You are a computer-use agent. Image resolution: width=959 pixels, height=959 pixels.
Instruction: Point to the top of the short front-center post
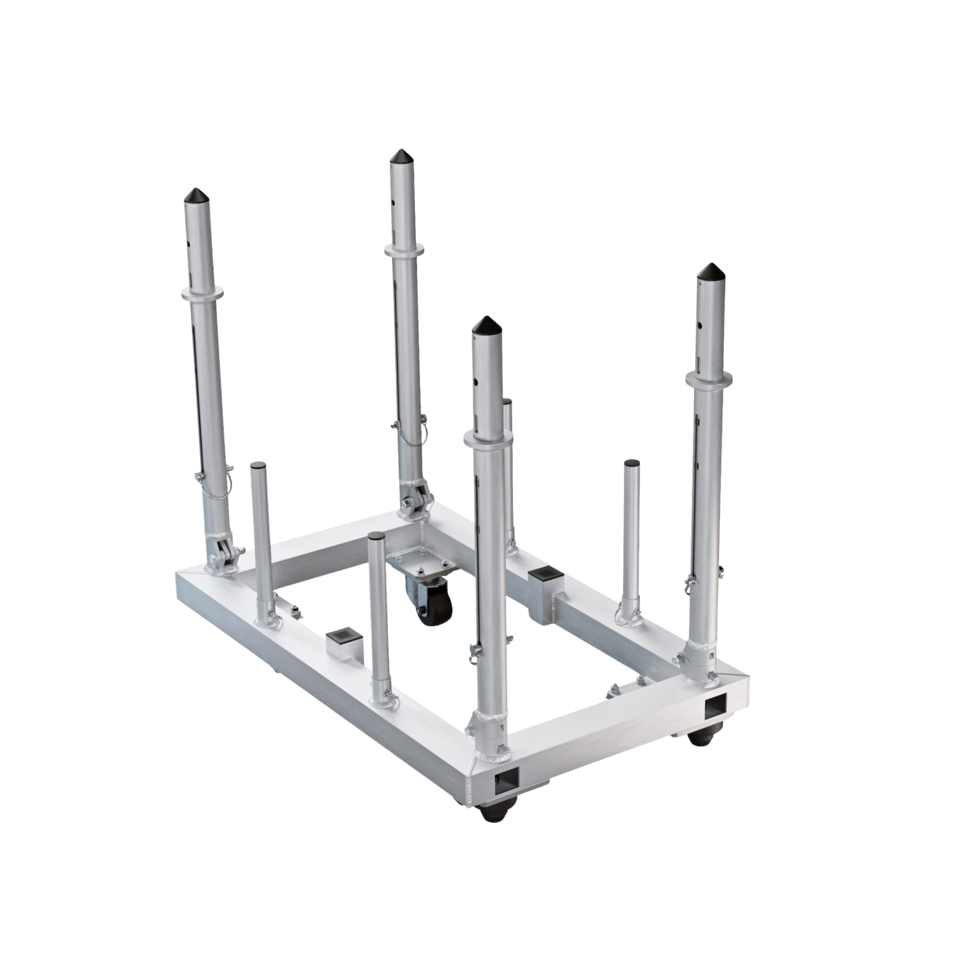[x=377, y=537]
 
